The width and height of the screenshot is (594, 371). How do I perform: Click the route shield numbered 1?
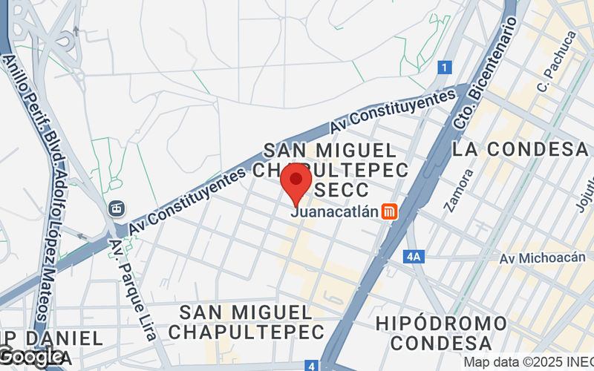point(444,68)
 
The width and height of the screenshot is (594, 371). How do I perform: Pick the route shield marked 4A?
point(414,257)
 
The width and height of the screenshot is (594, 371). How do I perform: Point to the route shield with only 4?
point(314,365)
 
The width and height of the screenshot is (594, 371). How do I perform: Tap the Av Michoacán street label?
point(538,258)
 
